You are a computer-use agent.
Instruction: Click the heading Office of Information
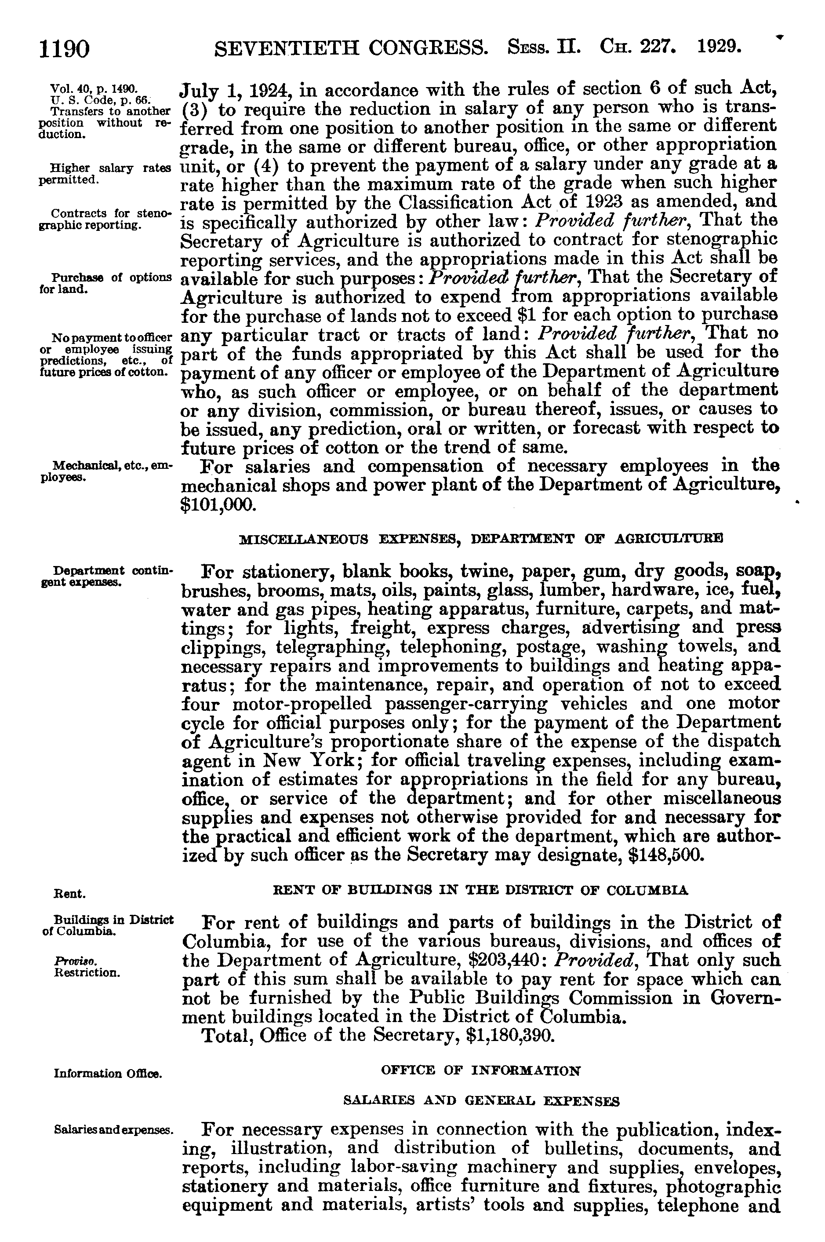point(481,1070)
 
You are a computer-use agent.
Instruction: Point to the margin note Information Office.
point(107,1073)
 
